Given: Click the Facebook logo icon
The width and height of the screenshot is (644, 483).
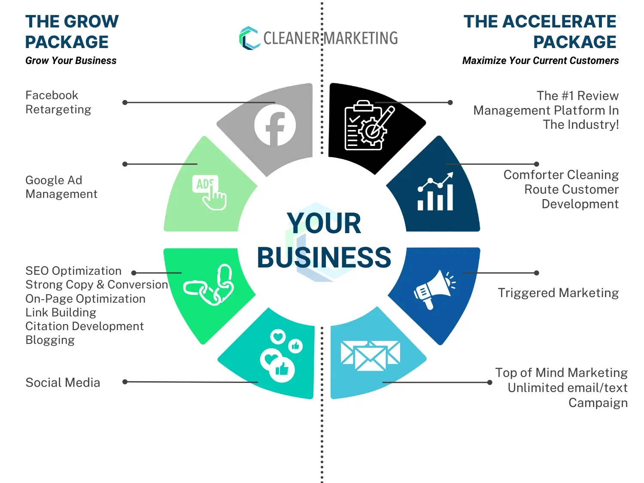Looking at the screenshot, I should pos(275,125).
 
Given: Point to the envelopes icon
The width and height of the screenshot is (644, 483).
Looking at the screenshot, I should pos(370,355).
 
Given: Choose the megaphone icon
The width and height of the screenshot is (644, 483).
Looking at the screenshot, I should pos(434,289).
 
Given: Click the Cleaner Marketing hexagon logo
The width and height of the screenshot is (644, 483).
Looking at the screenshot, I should pos(249,38).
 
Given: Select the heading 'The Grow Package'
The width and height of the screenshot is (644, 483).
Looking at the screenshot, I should pos(72,32).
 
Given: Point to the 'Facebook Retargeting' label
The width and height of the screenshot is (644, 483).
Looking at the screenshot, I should pos(58,102).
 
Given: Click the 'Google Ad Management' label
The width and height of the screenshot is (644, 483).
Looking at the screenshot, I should pos(61,187).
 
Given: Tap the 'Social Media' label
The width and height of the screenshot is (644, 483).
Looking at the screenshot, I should pos(63,382).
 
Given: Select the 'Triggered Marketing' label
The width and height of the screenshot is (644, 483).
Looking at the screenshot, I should pos(558,293).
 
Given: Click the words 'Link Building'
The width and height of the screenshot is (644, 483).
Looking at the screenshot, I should pos(61,312).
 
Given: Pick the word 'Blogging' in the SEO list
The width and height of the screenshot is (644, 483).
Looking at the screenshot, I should pos(50,340).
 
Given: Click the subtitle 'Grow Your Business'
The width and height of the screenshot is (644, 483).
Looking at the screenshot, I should pos(71,61).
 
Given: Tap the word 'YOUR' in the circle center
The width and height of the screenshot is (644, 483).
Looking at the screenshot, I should pos(324,224).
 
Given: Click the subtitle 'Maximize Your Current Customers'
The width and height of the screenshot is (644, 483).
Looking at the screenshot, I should pos(540,61).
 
